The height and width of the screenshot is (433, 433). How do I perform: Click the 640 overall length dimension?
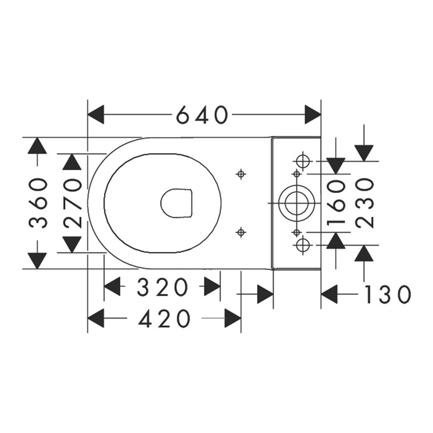[202, 115]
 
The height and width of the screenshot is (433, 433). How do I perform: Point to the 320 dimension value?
[162, 287]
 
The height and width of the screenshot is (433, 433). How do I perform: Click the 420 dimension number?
[164, 318]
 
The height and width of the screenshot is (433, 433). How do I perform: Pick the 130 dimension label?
[387, 294]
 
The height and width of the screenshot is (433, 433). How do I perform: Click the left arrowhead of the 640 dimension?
[96, 115]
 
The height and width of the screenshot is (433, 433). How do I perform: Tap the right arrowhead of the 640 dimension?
[312, 115]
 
